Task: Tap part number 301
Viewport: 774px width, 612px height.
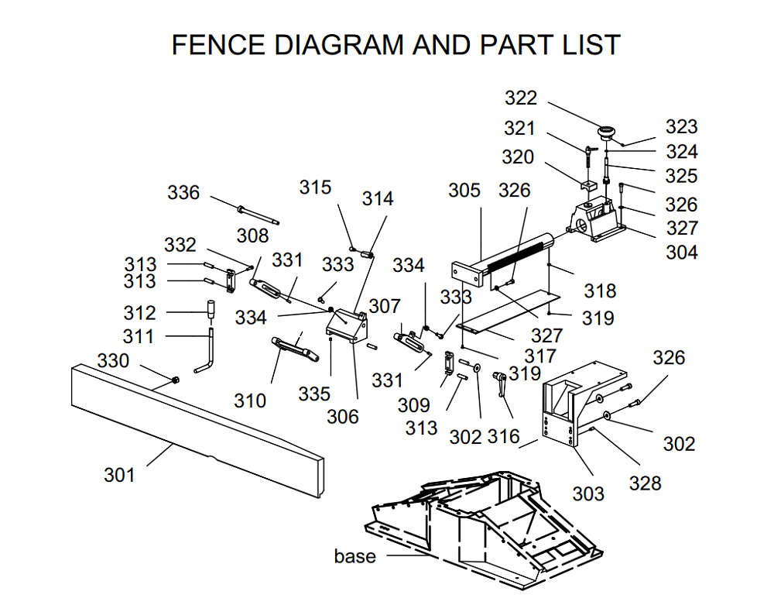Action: (x=119, y=475)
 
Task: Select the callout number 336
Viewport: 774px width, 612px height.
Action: (x=183, y=193)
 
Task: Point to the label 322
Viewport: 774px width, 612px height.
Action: (x=520, y=98)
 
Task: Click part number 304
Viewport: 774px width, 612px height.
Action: (x=681, y=252)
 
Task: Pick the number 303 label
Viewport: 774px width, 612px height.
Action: (x=587, y=493)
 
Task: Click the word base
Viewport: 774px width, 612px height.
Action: (x=355, y=556)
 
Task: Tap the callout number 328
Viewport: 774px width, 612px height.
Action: (x=645, y=483)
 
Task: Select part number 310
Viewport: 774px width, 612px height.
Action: (x=250, y=401)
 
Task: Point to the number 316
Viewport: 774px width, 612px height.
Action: (x=503, y=436)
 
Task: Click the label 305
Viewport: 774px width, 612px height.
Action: (x=464, y=191)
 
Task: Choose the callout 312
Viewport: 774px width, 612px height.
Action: (x=139, y=313)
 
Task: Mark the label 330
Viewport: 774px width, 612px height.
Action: (x=113, y=361)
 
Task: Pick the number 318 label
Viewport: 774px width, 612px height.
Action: (x=600, y=291)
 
